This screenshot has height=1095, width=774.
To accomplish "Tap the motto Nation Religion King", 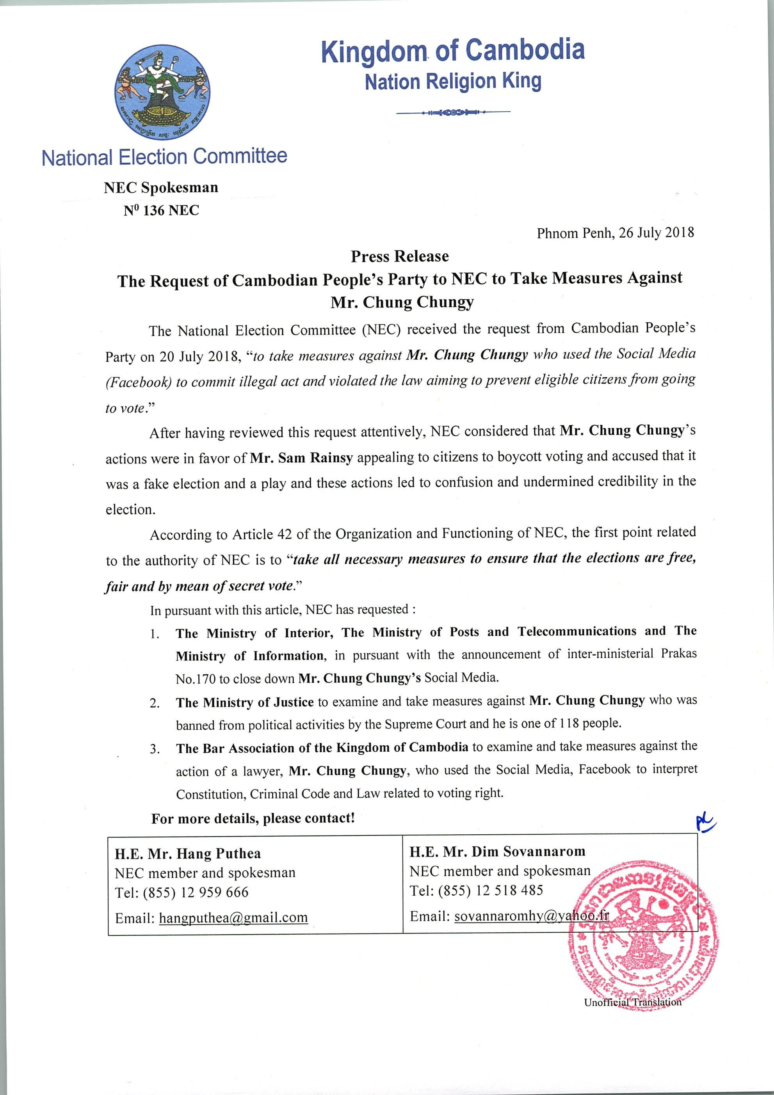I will (x=453, y=82).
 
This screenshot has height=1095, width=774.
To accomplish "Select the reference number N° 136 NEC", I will (x=161, y=210).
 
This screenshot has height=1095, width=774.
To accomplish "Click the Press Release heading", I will (x=400, y=257).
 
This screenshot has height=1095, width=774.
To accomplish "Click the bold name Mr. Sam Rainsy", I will (x=301, y=458).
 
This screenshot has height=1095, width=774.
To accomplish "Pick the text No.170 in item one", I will (x=196, y=679).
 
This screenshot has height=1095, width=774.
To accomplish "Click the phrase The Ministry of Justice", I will (x=245, y=702).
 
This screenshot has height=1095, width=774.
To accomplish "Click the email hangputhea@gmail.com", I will (x=233, y=917).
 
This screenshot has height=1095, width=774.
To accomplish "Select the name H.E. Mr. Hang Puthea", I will (x=187, y=854).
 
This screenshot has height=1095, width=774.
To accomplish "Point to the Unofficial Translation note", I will (x=632, y=1002).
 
